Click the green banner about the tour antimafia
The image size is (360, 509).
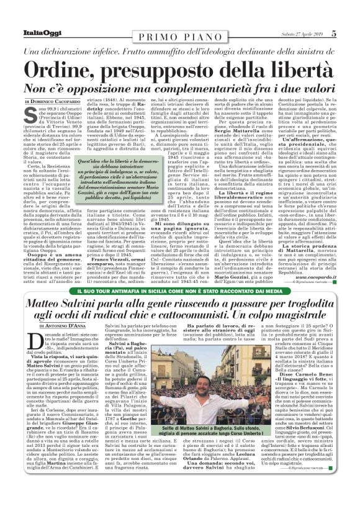180,291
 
